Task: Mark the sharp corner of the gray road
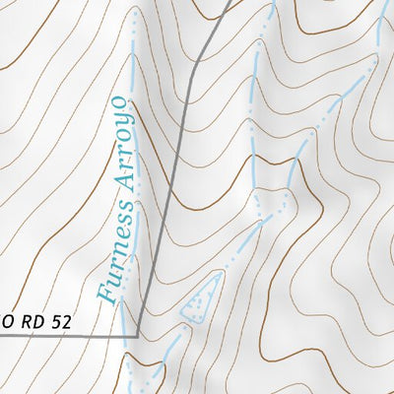[138, 335]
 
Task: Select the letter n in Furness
[112, 253]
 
